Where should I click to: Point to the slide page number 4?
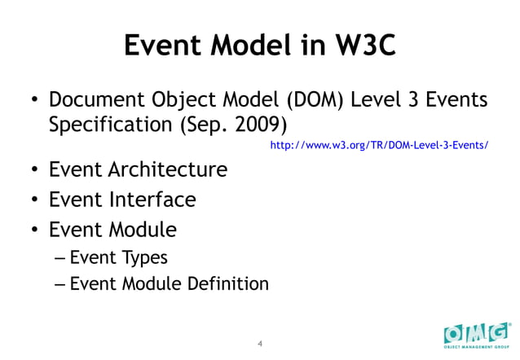[259, 343]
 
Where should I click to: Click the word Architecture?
[167, 170]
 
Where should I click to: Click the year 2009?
[256, 127]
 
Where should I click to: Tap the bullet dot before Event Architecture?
[36, 171]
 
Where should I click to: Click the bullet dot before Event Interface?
[36, 200]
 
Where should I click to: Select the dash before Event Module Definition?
[60, 285]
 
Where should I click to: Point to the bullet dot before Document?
[36, 103]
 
